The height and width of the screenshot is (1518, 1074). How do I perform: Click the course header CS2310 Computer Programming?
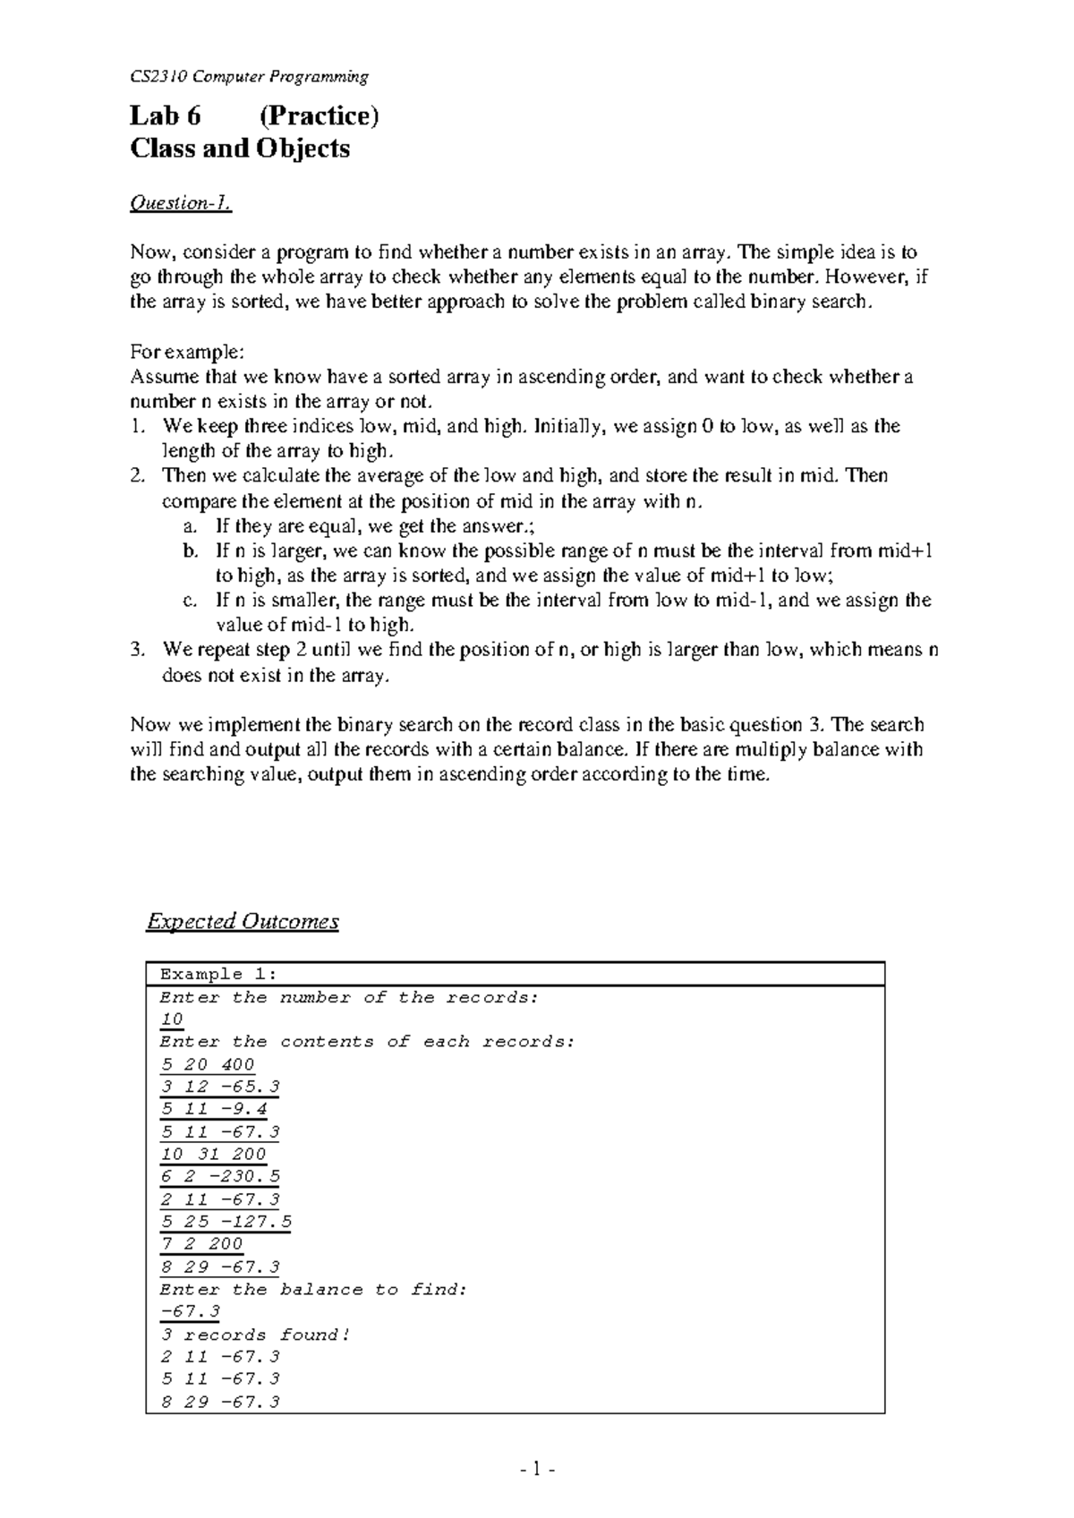click(249, 77)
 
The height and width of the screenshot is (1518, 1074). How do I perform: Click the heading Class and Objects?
click(240, 148)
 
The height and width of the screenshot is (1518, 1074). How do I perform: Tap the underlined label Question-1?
click(181, 204)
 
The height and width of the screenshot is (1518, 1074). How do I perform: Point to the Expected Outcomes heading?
click(243, 921)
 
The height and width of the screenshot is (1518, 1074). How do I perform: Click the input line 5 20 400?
click(208, 1064)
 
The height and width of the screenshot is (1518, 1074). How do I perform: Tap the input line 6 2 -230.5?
click(219, 1177)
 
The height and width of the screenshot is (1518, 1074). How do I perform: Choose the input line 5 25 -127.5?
click(226, 1222)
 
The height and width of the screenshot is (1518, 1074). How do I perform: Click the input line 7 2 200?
click(201, 1244)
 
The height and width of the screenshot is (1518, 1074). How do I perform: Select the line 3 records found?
click(255, 1335)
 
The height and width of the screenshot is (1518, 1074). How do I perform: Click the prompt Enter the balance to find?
click(313, 1290)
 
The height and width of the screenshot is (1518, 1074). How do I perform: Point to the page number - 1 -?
click(537, 1469)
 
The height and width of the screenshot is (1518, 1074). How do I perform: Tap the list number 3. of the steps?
click(137, 650)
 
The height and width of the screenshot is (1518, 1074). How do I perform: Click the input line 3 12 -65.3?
click(219, 1087)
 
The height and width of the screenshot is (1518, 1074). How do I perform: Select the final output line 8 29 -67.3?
click(219, 1403)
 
